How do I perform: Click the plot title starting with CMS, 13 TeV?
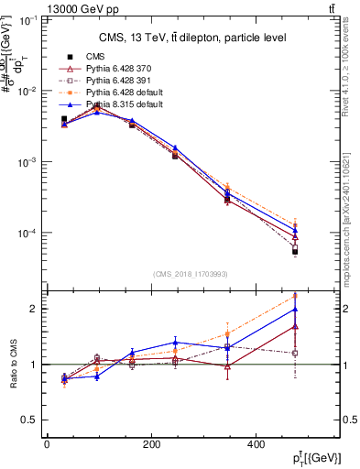(192, 38)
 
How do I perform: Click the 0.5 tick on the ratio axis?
(28, 420)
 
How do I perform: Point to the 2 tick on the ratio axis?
(33, 309)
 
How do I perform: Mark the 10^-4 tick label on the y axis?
(24, 233)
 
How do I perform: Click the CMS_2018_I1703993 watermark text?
(193, 273)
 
